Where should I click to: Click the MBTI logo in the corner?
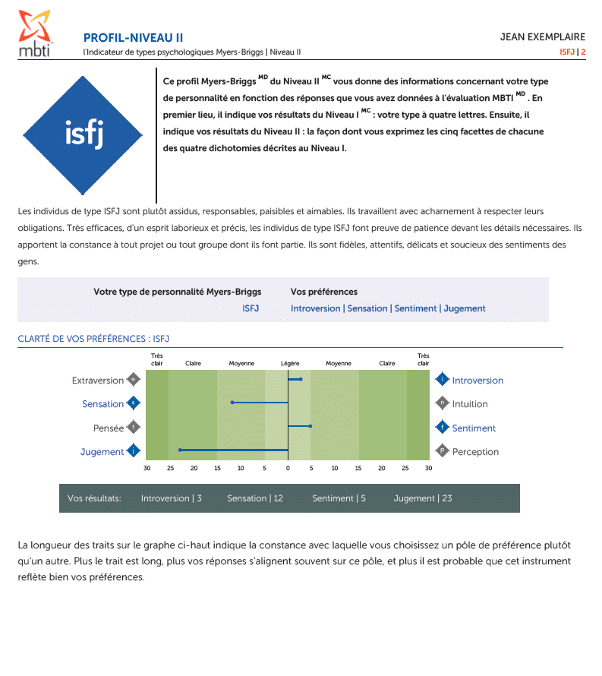tap(36, 33)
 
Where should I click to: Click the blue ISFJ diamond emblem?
tap(84, 134)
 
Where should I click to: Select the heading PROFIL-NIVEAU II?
tap(133, 38)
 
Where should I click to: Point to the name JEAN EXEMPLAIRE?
tap(542, 37)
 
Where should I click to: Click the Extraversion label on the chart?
tap(97, 381)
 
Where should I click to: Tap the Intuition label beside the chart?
tap(470, 404)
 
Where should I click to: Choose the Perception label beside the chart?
tap(475, 452)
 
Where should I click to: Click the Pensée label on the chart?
tap(109, 428)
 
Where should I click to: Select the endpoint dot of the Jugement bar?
tap(180, 450)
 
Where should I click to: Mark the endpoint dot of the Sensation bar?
tap(232, 403)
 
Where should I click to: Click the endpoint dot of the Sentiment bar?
tap(310, 426)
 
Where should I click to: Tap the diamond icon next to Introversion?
tap(442, 379)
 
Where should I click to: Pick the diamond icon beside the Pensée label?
tap(134, 427)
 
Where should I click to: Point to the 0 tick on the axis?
tap(288, 468)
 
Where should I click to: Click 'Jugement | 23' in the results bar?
tap(422, 498)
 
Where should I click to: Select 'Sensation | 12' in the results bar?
tap(254, 498)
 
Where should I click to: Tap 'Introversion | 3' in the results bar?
tap(171, 498)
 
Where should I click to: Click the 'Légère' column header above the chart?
tap(290, 363)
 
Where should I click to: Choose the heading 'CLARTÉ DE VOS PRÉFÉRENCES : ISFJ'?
tap(93, 339)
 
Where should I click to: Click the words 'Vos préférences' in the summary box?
tap(323, 292)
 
